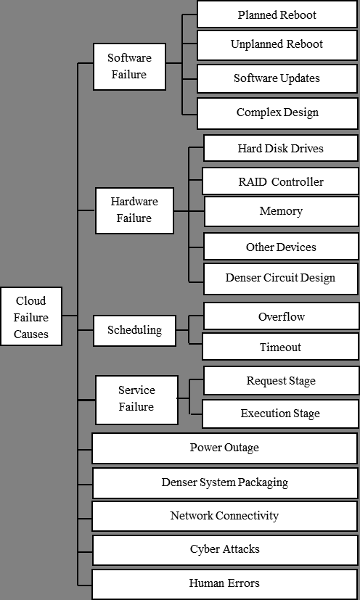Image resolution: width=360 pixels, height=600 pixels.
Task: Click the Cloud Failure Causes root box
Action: point(31,316)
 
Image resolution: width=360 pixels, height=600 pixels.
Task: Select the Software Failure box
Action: point(129,67)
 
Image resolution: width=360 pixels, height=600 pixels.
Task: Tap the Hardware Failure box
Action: point(134,210)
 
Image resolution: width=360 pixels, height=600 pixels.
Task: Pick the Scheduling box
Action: point(134,331)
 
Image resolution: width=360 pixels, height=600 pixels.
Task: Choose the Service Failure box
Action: point(136,400)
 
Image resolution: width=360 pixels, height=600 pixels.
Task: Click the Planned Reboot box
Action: point(277,15)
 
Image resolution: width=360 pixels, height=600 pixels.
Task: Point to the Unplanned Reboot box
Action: point(277,45)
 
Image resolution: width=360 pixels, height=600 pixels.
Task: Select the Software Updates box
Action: point(277,78)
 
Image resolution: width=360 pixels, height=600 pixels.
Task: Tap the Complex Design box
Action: point(278,113)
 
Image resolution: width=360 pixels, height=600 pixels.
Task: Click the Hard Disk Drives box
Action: point(281,148)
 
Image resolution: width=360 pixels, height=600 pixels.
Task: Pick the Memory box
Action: point(282,211)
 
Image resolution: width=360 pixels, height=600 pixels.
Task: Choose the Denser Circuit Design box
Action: point(281,279)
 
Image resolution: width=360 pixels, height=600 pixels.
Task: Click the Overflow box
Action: point(282,316)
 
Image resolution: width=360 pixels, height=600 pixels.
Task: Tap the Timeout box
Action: point(280,346)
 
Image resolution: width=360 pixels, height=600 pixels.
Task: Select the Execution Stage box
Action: point(280,414)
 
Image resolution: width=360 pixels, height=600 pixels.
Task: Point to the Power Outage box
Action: point(225,448)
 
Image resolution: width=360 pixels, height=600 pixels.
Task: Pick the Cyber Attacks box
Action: point(225,550)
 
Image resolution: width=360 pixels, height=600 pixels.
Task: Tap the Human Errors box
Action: point(225,584)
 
